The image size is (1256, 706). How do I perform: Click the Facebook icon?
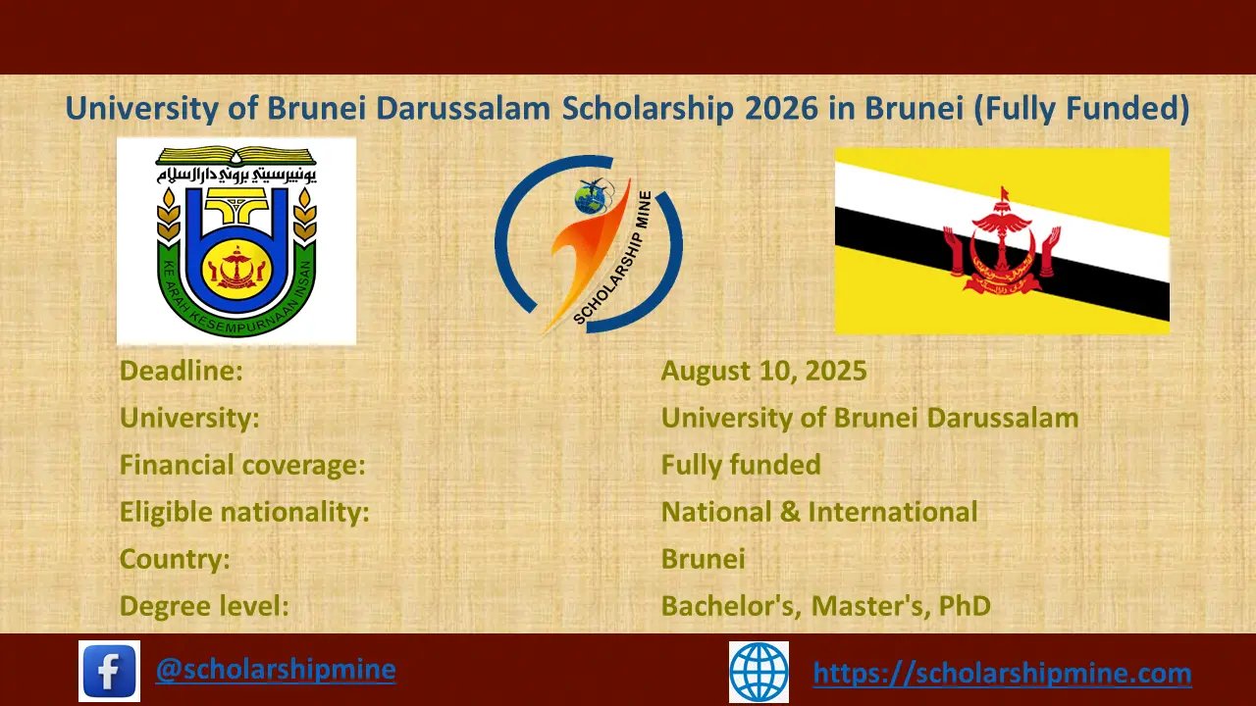(x=109, y=672)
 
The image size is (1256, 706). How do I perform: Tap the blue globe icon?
(x=759, y=672)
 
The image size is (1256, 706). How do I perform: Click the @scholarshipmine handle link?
(x=276, y=670)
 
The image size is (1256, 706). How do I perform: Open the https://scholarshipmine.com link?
(x=1002, y=674)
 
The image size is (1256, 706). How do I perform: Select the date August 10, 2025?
(x=763, y=371)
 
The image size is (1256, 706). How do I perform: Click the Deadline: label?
(x=181, y=371)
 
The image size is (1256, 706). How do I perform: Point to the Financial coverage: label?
(x=242, y=465)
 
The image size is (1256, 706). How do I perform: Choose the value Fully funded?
(x=741, y=465)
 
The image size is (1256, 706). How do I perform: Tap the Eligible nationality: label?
(x=244, y=512)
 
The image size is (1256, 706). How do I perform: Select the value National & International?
(x=819, y=512)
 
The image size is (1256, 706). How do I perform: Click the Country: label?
(x=175, y=559)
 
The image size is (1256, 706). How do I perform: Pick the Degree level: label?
(x=204, y=606)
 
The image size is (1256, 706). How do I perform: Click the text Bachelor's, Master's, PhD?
(x=825, y=606)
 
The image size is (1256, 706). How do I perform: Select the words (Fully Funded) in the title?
(x=1080, y=108)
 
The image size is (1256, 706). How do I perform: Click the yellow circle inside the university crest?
(x=235, y=264)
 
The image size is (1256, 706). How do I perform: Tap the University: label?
(x=189, y=418)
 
